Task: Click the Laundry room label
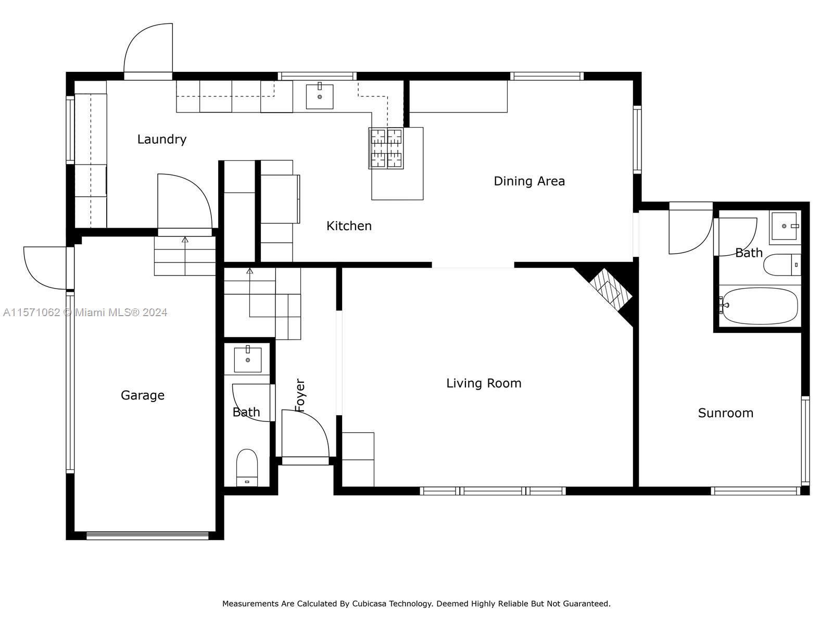tap(162, 139)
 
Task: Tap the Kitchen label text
tap(349, 226)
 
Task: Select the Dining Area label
tap(529, 181)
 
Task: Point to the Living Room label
tap(484, 383)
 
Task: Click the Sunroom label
tap(726, 413)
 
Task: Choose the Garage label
tap(142, 395)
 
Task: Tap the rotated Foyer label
tap(300, 395)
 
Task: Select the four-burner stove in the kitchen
tap(386, 148)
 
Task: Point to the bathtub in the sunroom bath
tap(759, 306)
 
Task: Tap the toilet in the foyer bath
tap(247, 468)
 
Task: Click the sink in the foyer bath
tap(247, 359)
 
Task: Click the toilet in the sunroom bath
tap(782, 265)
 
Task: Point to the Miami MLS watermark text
tap(85, 312)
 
